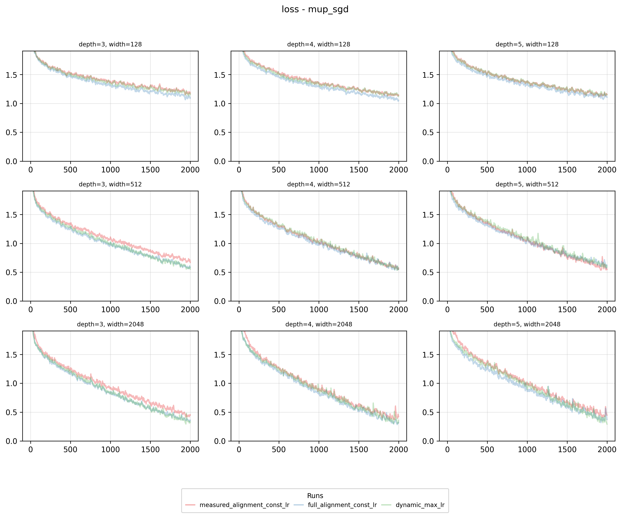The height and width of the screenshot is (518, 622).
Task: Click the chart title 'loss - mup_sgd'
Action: (x=315, y=10)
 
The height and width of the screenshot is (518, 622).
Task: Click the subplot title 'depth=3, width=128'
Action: (x=110, y=44)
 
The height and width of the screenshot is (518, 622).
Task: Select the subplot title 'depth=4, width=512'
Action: (x=318, y=184)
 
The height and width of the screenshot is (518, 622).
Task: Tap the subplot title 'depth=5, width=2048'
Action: (x=527, y=324)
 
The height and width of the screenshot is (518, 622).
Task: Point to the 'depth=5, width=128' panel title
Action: (x=527, y=44)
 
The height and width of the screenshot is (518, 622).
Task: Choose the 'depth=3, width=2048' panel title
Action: (x=110, y=324)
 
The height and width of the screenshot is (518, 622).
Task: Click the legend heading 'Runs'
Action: (x=315, y=496)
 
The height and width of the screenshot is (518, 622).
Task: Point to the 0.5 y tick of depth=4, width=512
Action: (x=220, y=272)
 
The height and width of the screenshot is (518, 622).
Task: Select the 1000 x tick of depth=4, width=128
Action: (x=319, y=170)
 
